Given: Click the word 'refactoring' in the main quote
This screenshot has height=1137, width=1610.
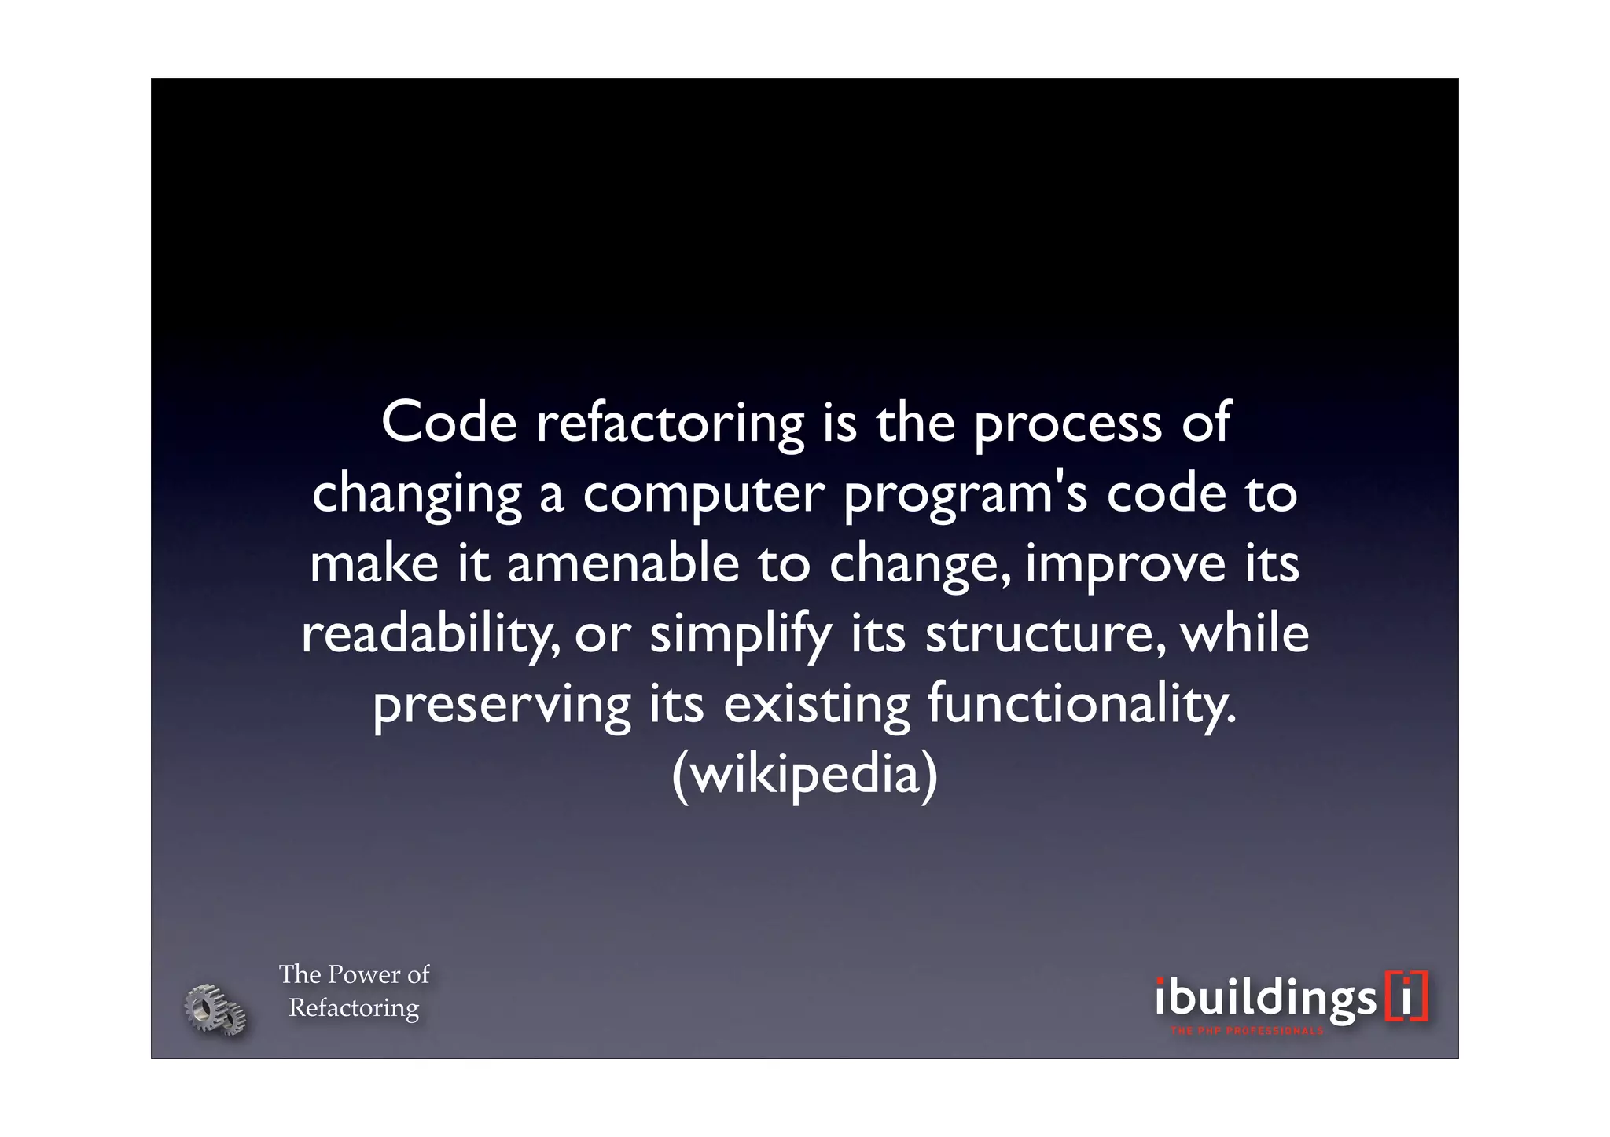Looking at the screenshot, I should pos(671,424).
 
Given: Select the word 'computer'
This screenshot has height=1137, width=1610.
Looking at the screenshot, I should pos(704,495).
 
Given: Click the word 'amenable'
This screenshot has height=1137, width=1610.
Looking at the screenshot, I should pos(623,564).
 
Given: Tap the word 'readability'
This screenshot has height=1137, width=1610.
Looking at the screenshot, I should pos(431,635).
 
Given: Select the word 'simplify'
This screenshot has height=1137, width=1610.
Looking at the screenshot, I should pos(740,635).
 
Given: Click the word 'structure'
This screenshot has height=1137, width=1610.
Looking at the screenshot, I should pos(1039,635).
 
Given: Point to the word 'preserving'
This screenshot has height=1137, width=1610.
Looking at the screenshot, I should pos(502,705).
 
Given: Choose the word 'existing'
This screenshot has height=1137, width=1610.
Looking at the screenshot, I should pos(816,705).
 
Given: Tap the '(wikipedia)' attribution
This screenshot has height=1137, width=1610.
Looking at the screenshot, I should pos(805,775).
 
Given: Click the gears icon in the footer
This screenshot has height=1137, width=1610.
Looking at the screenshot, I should pos(215,1009).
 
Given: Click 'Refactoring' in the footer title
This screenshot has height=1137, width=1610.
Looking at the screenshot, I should pos(354,1007).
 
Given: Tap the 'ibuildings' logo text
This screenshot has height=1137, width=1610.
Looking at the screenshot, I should pos(1266,999).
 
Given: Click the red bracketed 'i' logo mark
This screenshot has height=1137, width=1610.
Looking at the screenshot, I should pos(1406,997).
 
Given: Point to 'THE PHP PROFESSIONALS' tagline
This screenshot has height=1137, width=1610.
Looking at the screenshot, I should pos(1247,1031).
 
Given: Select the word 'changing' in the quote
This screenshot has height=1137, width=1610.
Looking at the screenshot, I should pos(417,495).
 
